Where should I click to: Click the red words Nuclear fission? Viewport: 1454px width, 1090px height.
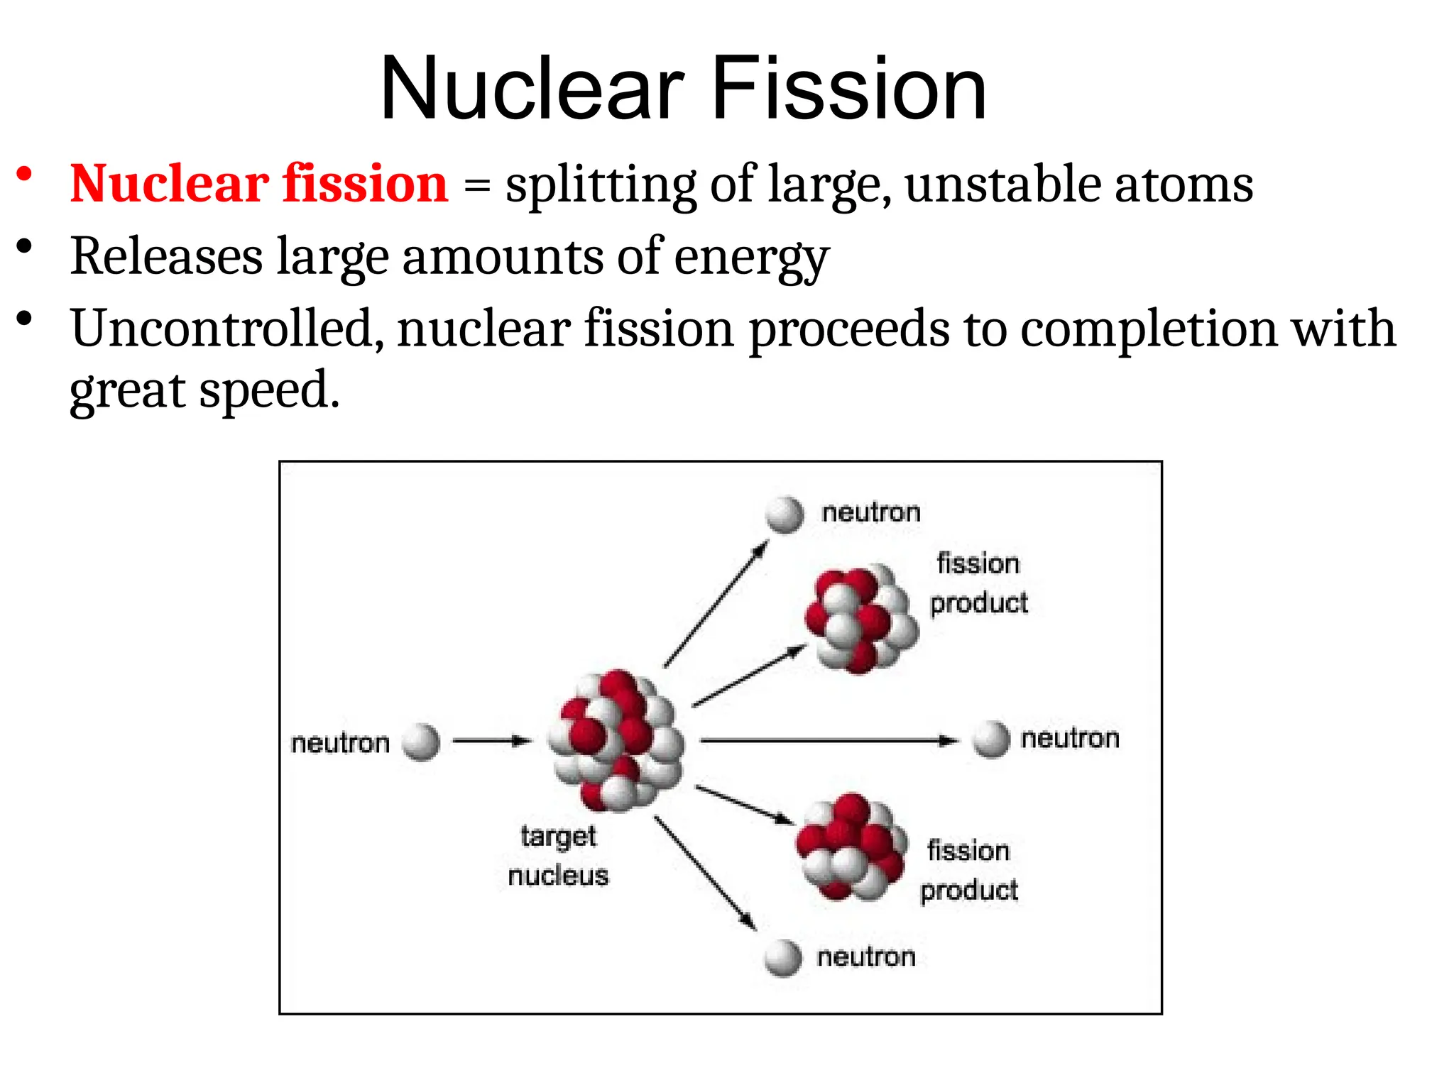[x=258, y=184]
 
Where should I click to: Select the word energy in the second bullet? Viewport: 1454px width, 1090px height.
[x=750, y=257]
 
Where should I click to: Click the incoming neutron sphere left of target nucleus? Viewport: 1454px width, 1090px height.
[x=421, y=742]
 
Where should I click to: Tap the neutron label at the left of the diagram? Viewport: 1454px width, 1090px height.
[x=340, y=743]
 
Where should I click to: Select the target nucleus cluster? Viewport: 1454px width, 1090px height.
[x=616, y=740]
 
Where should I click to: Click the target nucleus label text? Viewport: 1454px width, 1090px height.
[x=558, y=855]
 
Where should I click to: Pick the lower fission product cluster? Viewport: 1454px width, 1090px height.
[x=851, y=847]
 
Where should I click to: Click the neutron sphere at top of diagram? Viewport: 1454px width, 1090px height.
[x=785, y=514]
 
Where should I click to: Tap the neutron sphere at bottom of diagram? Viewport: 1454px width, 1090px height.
[x=783, y=958]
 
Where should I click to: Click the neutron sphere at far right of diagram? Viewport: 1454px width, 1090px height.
[x=990, y=739]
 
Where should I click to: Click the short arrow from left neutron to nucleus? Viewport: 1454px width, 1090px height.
[x=491, y=741]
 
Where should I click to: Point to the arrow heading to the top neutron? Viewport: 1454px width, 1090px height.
[x=716, y=605]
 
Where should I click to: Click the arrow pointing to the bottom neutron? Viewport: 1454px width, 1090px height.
[x=704, y=873]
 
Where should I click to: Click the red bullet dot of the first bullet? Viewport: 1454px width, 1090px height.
[x=25, y=175]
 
